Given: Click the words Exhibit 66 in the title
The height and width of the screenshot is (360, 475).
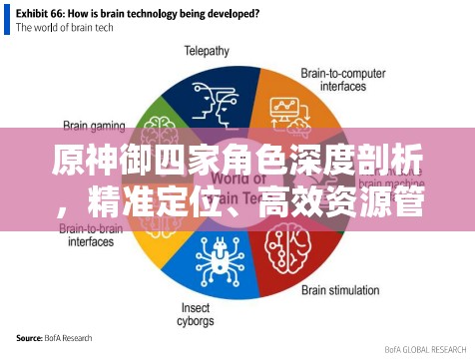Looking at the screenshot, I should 45,14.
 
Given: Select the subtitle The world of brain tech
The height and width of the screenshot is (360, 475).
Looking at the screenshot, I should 65,28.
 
